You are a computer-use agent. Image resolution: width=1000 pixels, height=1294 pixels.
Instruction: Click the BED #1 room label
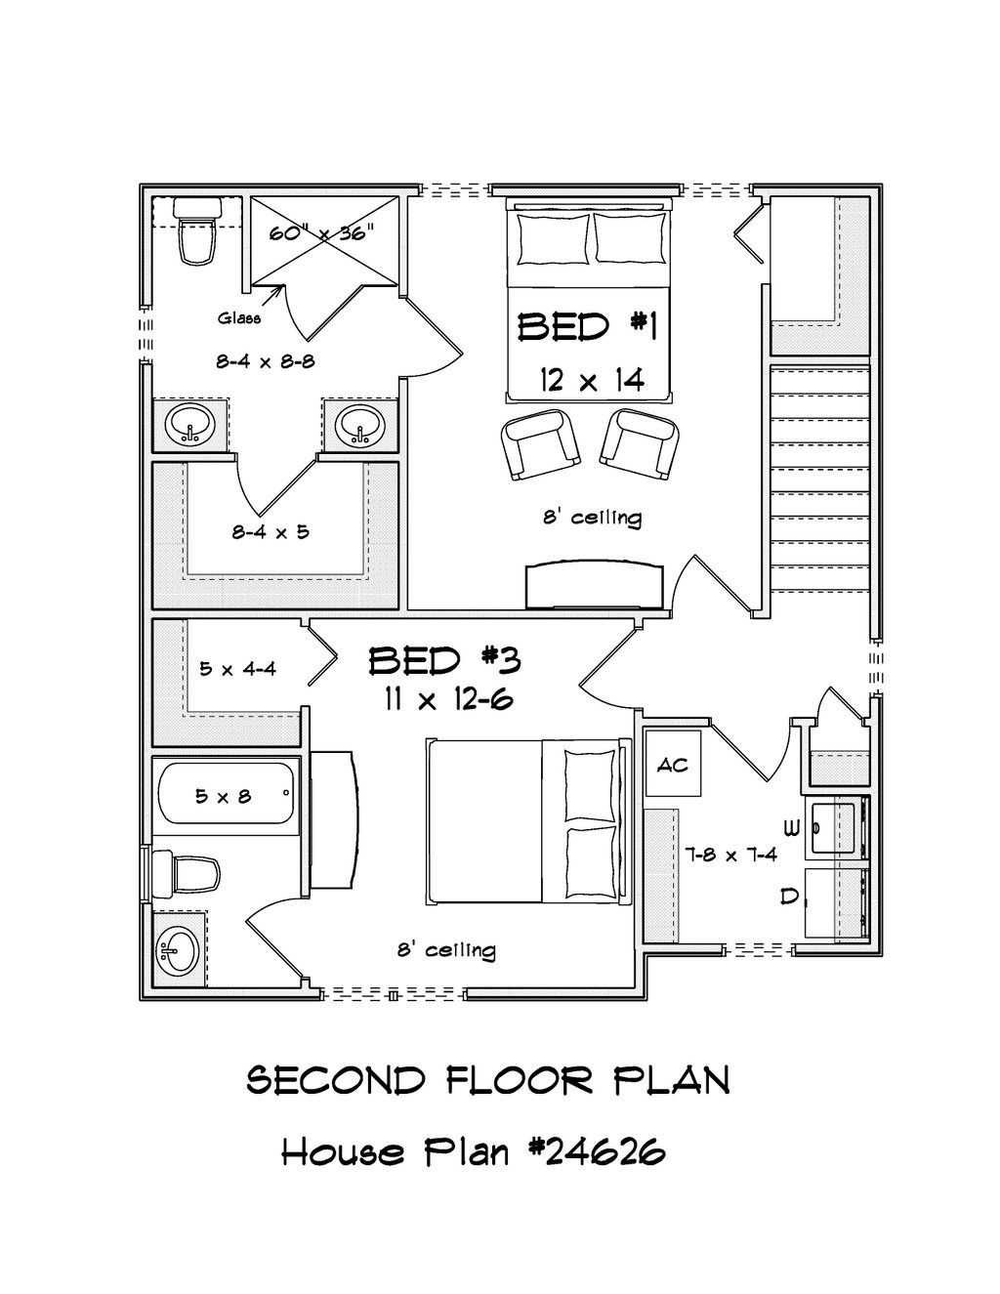coord(587,327)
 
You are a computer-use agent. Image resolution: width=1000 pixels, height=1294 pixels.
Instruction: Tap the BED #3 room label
coord(444,661)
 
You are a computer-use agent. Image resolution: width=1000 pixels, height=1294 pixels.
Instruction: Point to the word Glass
coord(239,318)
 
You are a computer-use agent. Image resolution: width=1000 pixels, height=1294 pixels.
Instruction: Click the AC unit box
coord(673,764)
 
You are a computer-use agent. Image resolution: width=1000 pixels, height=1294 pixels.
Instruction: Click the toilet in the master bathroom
coord(196,231)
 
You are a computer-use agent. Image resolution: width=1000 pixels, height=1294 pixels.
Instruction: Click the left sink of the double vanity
coord(190,425)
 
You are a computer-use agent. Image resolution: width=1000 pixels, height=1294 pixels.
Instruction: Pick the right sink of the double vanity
coord(359,425)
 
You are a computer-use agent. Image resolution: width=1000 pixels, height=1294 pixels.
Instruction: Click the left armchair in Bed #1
coord(540,443)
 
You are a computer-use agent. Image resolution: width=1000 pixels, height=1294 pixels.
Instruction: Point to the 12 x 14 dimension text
coord(592,379)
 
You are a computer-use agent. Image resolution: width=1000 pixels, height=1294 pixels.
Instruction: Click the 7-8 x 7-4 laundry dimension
coord(731,856)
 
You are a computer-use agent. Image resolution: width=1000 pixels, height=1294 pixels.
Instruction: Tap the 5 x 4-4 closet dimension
coord(238,669)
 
